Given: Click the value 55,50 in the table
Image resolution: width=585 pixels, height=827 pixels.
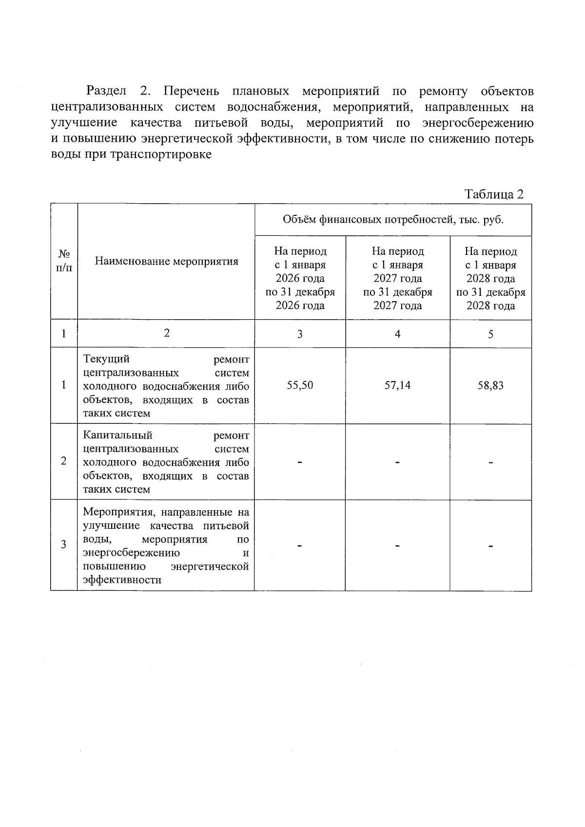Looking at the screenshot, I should click(300, 385).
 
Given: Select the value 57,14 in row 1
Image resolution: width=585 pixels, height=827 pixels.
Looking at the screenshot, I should click(397, 385).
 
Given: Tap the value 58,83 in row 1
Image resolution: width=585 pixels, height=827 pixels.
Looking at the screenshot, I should click(490, 386).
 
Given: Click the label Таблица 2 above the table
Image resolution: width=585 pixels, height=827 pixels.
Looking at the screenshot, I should click(494, 194).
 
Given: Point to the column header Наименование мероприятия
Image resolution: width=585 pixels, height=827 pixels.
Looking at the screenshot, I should click(166, 261).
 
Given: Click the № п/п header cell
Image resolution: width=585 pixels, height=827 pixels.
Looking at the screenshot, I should click(64, 261).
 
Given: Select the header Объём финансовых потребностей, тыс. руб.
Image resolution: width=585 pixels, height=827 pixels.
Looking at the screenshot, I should click(393, 220).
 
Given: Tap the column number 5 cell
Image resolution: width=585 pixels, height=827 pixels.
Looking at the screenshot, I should click(490, 334).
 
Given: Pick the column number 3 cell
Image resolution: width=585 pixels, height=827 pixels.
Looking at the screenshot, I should click(300, 334).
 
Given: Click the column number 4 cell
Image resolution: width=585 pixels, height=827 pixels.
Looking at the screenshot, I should click(397, 334).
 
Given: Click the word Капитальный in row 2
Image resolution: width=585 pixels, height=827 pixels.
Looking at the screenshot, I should click(117, 435).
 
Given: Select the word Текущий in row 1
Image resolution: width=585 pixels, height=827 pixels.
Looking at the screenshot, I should click(106, 359).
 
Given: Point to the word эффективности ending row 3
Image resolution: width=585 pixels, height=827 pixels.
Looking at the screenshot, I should click(122, 580).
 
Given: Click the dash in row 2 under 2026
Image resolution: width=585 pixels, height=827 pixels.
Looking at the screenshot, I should click(300, 462).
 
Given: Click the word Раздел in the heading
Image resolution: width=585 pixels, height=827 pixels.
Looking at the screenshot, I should click(106, 91).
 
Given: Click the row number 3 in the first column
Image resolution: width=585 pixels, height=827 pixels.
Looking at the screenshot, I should click(64, 545).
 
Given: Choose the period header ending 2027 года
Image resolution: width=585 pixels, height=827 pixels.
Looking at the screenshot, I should click(397, 278).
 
